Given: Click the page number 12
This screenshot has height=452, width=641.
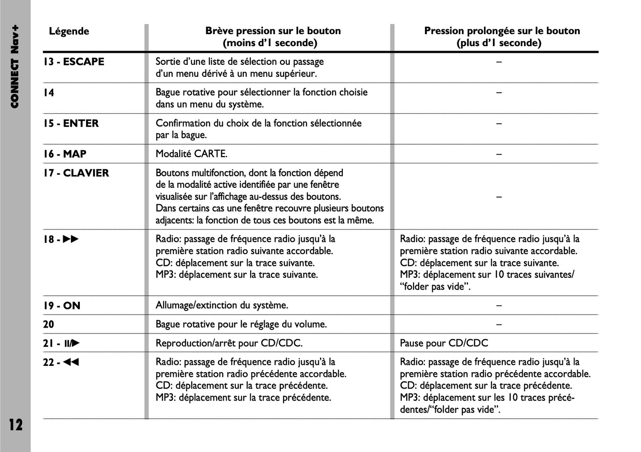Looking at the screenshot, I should coord(16,424).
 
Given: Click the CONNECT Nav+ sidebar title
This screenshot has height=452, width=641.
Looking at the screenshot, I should coord(15,67).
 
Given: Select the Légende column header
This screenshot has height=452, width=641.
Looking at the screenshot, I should coord(69,31).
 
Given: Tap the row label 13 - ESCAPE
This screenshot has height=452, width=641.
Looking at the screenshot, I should coord(74,62).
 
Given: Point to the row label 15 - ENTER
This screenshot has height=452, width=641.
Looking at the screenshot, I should coord(71,123).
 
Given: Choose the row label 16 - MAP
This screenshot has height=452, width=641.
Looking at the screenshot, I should coord(65,154).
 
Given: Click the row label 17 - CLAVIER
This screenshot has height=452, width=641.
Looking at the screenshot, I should coord(76,173).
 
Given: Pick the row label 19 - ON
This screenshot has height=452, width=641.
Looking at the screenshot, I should coord(62,305).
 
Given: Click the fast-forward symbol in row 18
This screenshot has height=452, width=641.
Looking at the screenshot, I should coord(71,239).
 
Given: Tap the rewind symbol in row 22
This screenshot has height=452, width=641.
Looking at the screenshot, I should coord(71,362).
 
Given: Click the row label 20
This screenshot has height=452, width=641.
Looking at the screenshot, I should coord(48,325).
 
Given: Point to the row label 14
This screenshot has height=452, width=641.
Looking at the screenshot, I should coord(48,93).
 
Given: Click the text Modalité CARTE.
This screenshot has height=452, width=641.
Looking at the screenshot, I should coord(191,154).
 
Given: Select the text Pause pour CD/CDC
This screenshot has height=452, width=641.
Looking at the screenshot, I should coord(444,343).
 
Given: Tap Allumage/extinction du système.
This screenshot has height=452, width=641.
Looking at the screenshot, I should coord(222,305).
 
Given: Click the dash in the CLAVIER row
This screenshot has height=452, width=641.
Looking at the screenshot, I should coord(499,197).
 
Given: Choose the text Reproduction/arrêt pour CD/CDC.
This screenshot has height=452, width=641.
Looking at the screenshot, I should coord(229,343).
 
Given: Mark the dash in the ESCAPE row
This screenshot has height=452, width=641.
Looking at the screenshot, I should coord(499,62).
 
